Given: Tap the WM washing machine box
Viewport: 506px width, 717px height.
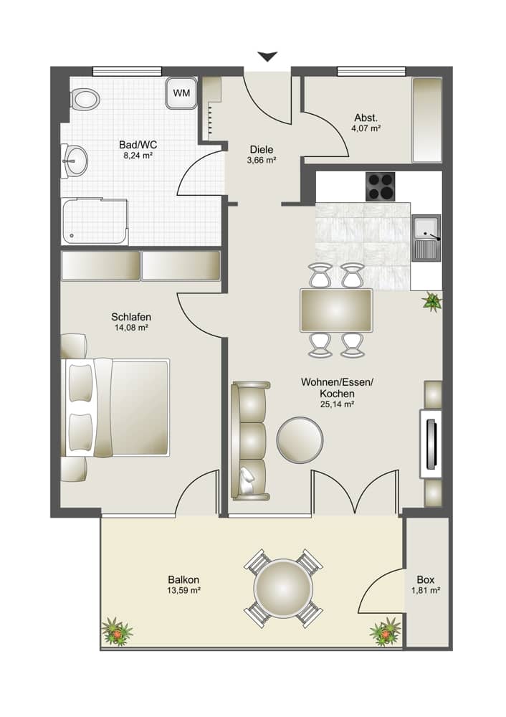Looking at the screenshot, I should [181, 93].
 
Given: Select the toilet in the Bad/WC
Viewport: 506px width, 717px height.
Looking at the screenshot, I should [84, 99].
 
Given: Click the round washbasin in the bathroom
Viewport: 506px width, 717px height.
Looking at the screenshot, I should [75, 160].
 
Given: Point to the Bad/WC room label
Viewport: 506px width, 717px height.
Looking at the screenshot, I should [138, 144].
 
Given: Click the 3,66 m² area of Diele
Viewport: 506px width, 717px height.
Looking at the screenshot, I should [262, 161].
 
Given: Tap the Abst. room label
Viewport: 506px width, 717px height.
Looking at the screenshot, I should [366, 118].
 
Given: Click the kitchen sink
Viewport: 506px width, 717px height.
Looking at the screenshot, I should [427, 237].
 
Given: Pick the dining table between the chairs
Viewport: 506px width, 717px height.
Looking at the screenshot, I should [336, 310].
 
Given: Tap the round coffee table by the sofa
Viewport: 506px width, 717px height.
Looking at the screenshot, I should [300, 439].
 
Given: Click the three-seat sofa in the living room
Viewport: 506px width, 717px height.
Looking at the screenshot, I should [250, 440].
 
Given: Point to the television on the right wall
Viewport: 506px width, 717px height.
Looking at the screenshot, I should [431, 442].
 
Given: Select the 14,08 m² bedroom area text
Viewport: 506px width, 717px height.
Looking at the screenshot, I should [130, 328].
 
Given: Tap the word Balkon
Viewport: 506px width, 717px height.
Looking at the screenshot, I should [183, 579].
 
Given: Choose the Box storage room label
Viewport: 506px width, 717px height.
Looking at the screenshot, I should [426, 579].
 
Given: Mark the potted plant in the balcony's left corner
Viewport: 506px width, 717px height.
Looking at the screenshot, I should [117, 631].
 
